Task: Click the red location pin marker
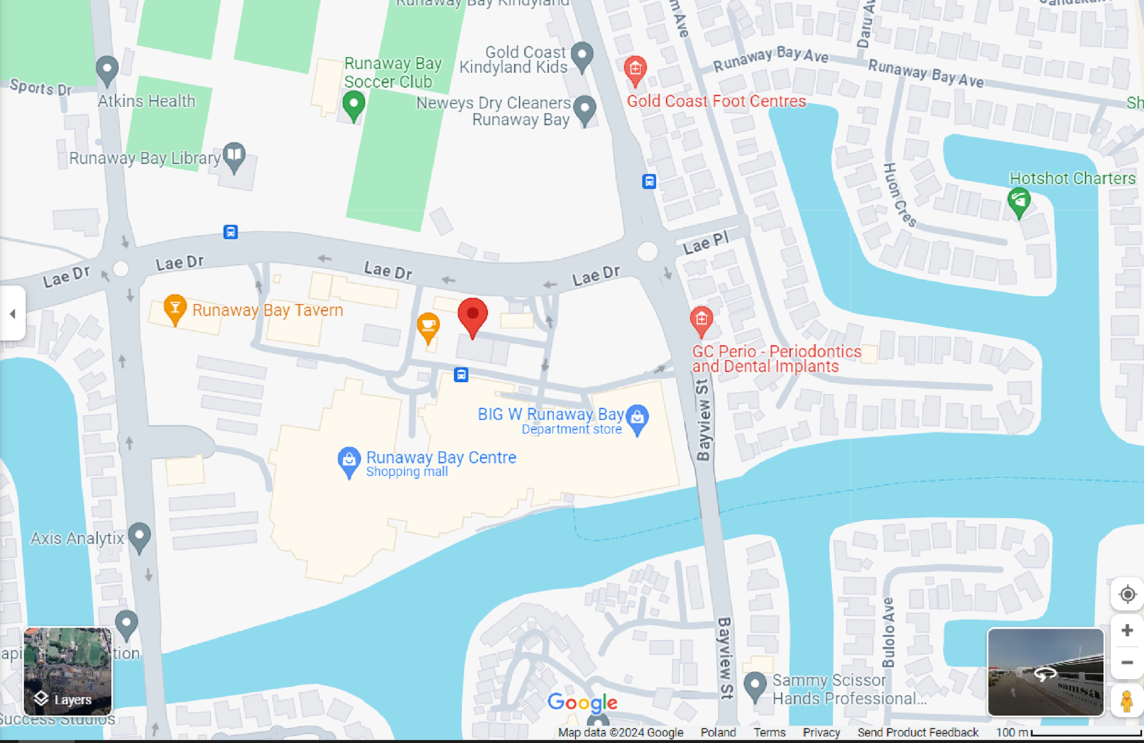click(472, 315)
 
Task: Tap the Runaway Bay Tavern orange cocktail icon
click(175, 308)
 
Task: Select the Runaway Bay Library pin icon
click(234, 156)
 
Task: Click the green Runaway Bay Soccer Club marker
click(353, 104)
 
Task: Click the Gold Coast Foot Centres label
click(716, 101)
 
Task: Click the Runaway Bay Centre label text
click(441, 457)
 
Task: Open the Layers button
click(67, 671)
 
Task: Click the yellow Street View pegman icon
click(1126, 701)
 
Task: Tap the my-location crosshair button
click(1127, 595)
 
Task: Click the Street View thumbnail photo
click(1046, 672)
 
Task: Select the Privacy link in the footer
click(821, 732)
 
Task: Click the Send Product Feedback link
click(918, 732)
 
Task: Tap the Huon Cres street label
click(899, 195)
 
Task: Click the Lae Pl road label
click(705, 243)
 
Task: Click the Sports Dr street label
click(41, 88)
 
